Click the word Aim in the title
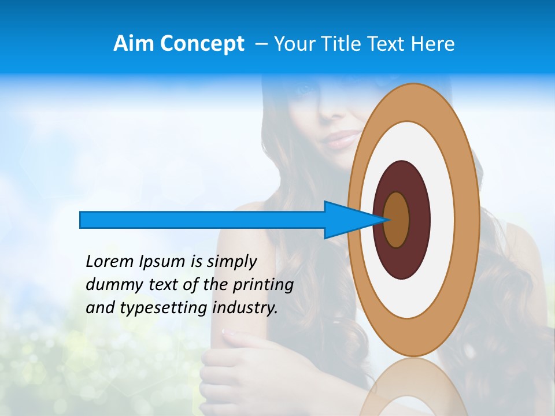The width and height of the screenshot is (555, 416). [134, 44]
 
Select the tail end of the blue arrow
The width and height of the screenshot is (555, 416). [82, 220]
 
